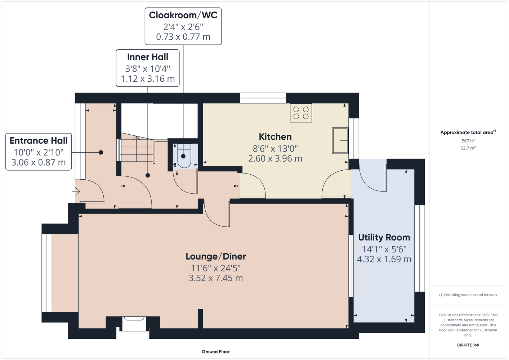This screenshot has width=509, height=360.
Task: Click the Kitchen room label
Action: tap(275, 137)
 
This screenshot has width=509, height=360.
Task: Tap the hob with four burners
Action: tap(301, 113)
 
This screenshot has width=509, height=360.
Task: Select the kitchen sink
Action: tap(340, 141)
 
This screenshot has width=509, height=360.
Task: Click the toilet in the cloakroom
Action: tap(184, 156)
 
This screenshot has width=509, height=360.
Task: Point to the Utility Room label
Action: tap(384, 237)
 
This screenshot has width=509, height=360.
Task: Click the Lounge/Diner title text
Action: tap(216, 256)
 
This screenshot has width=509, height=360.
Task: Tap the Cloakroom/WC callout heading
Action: tap(183, 15)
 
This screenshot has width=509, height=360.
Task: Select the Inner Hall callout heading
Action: tap(148, 57)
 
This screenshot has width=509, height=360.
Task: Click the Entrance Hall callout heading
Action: tap(39, 141)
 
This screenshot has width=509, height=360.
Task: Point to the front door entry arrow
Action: tap(76, 192)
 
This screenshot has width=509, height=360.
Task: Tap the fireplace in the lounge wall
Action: tap(134, 323)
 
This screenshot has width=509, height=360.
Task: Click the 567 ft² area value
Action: tap(468, 141)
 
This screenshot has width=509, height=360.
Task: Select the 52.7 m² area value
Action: tap(468, 148)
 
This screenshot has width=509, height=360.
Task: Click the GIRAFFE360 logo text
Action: tap(468, 345)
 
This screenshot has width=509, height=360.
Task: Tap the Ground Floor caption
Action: tap(215, 352)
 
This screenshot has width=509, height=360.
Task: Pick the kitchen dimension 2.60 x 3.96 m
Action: tap(275, 158)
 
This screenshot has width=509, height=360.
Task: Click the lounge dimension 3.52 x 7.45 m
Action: tap(216, 278)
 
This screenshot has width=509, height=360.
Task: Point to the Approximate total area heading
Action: tap(468, 132)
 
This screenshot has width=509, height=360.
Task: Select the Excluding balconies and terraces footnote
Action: tap(468, 295)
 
